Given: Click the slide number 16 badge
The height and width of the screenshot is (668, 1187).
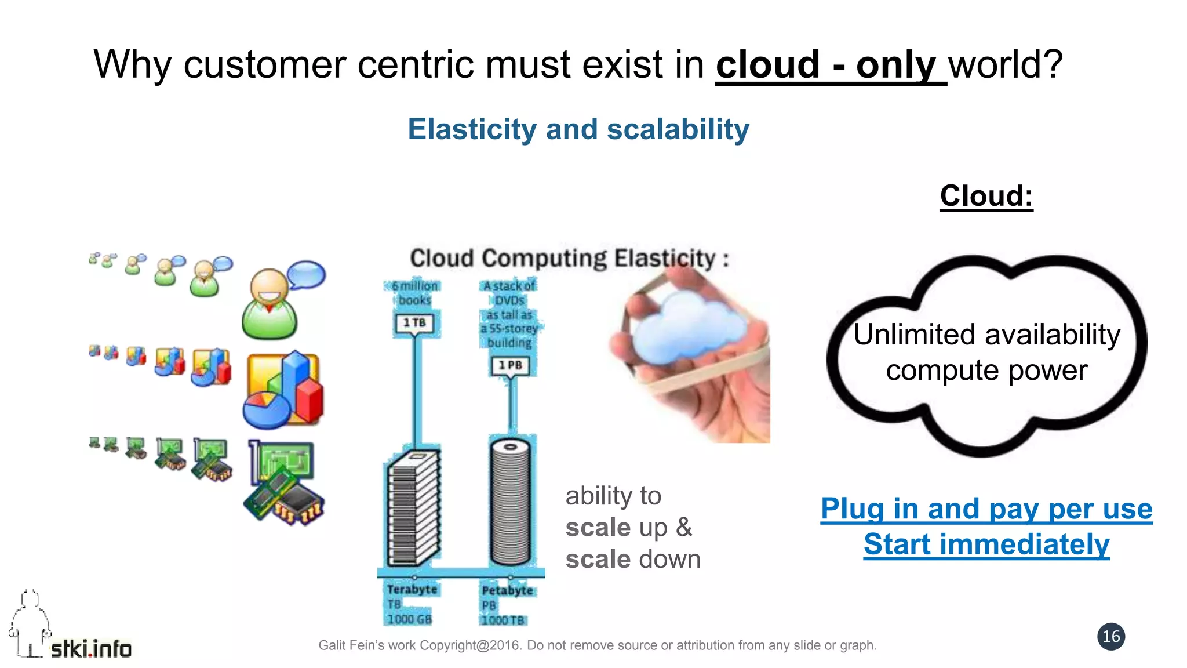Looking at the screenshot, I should (x=1110, y=636).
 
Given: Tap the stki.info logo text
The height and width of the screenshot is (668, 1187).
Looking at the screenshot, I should (x=91, y=648).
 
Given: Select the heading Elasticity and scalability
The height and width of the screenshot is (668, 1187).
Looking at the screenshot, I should (x=578, y=129).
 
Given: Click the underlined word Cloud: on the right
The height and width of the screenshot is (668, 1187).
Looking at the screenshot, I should (x=986, y=196).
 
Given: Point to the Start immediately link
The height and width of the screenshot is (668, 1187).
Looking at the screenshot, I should (x=986, y=544).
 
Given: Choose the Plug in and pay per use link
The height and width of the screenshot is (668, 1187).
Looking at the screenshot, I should (x=986, y=509).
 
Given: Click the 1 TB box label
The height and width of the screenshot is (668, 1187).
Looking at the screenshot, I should (x=415, y=322).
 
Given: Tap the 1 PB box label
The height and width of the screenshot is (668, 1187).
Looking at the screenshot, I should (x=510, y=365).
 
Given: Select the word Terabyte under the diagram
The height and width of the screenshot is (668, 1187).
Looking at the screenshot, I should (x=412, y=589).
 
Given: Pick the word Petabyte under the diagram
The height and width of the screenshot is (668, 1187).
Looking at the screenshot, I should (x=507, y=590).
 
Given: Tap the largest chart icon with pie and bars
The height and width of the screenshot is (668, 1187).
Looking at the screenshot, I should (x=283, y=389).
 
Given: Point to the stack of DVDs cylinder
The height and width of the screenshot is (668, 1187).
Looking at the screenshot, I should (x=510, y=502).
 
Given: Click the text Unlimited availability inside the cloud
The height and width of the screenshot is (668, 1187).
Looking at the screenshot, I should (x=986, y=335).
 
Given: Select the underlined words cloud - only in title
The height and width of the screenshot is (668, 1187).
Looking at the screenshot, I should (x=825, y=64).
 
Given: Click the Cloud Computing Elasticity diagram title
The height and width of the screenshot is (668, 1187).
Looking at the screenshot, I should (x=569, y=258).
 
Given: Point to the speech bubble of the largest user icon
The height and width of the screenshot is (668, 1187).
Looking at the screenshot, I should (x=306, y=274).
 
